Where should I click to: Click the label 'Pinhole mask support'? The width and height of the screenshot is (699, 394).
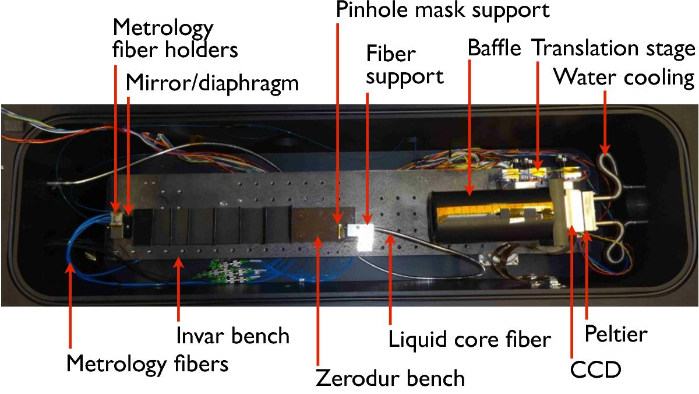[443, 10]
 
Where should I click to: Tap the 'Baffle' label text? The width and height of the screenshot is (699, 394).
[495, 48]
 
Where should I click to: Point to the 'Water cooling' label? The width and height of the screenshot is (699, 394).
[624, 78]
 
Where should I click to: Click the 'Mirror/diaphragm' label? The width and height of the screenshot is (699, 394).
[212, 84]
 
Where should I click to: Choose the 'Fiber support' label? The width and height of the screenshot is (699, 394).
[405, 65]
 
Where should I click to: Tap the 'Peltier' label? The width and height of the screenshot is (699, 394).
[616, 334]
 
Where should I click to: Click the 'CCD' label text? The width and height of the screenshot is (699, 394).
[595, 370]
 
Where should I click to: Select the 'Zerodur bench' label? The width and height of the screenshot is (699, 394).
[390, 378]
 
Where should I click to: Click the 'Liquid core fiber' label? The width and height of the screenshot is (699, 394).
[469, 339]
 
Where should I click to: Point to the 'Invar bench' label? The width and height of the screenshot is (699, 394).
[233, 336]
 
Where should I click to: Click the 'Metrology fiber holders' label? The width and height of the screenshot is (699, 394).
[175, 38]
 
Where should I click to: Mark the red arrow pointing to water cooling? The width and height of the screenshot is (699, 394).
[605, 123]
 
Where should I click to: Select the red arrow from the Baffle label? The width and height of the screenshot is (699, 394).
[469, 128]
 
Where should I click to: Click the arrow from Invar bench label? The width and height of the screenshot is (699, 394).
[178, 289]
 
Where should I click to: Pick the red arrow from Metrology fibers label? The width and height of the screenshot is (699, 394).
[70, 305]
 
